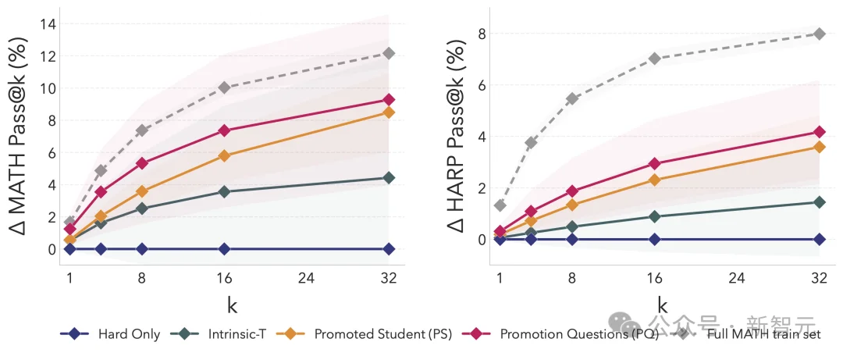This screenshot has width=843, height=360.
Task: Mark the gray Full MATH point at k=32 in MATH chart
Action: tap(389, 53)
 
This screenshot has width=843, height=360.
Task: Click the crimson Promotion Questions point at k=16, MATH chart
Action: tap(225, 130)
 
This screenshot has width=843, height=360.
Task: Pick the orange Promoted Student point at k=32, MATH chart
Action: tap(389, 112)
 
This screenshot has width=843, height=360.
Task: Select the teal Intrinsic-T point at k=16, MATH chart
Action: tap(225, 191)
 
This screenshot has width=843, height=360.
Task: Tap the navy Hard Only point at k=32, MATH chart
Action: tap(389, 249)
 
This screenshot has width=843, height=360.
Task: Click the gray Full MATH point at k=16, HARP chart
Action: tap(655, 59)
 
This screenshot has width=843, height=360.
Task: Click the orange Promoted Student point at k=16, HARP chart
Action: tap(655, 180)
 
